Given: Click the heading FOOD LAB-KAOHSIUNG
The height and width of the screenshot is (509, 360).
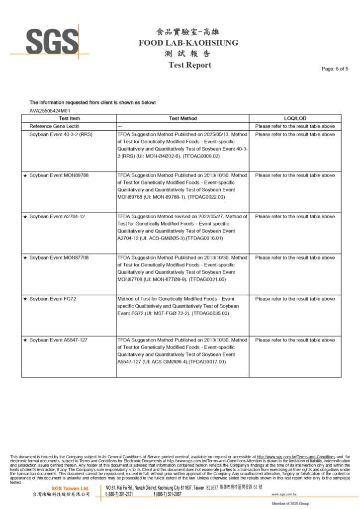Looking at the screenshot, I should tap(188, 43).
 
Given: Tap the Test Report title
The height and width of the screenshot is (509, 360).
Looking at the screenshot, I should tap(189, 65).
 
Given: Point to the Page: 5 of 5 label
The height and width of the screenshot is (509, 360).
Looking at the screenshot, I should tap(335, 69).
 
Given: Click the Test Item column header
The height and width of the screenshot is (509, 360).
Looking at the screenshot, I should tap(69, 118).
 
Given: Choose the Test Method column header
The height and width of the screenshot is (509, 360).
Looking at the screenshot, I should tap(183, 118).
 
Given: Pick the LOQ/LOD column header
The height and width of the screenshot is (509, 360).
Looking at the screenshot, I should tap(295, 118).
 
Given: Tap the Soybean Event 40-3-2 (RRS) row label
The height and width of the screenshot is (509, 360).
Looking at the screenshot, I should tap(61, 134).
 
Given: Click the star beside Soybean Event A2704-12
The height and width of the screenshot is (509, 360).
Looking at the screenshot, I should tap(25, 217).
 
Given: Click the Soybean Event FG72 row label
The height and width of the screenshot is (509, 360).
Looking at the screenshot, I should tap(53, 299).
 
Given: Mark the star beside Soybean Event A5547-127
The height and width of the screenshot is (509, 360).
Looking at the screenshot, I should tap(25, 340).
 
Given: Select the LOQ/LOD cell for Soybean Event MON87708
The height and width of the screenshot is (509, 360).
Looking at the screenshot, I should tap(295, 257).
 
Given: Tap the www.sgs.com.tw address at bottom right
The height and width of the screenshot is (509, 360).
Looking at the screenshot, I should tap(285, 495).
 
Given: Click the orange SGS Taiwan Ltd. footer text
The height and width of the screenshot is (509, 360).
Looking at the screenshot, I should tap(71, 489).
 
